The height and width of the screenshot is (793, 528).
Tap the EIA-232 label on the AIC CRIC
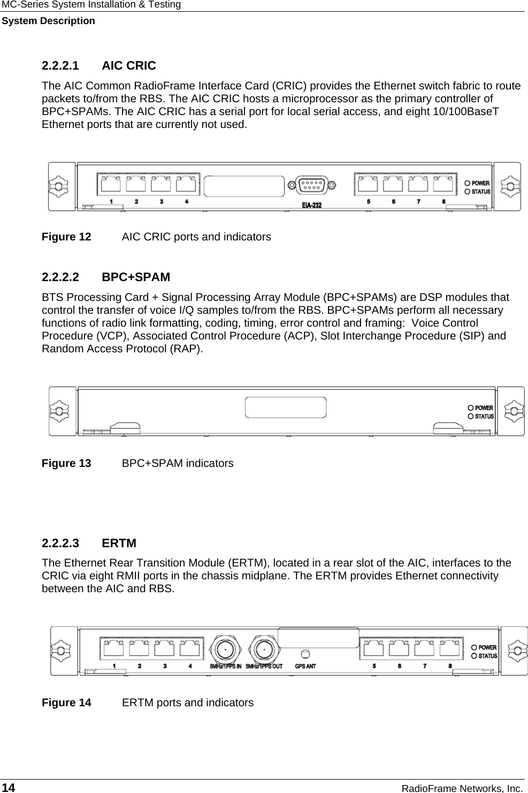(311, 205)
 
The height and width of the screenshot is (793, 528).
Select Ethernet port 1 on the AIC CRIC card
(111, 185)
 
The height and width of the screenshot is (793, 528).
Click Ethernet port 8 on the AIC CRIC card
(443, 185)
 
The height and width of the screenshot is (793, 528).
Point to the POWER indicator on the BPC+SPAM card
(471, 408)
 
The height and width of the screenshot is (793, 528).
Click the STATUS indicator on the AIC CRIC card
(468, 192)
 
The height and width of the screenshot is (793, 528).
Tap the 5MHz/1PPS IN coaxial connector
(225, 648)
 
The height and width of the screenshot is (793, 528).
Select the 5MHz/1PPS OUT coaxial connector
(263, 648)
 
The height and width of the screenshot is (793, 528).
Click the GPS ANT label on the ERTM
(305, 667)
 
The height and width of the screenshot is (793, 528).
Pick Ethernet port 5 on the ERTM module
(373, 648)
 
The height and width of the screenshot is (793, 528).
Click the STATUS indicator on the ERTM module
(474, 656)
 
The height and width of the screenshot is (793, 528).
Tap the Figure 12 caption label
(66, 237)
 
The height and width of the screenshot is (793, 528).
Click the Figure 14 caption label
(66, 703)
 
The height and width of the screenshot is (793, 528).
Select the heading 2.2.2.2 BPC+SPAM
(106, 277)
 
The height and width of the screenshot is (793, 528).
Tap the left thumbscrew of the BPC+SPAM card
(59, 411)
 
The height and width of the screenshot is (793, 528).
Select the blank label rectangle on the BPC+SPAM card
(286, 407)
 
